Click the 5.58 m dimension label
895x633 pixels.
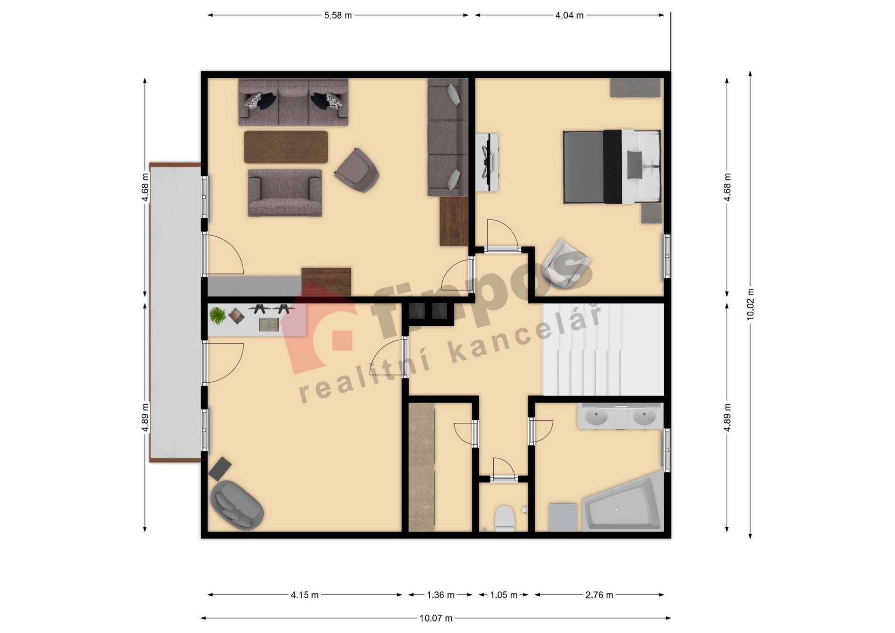pos(338,15)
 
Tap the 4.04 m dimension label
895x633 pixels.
pos(569,15)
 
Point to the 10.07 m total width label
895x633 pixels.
pos(436,618)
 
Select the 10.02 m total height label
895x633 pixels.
pos(750,304)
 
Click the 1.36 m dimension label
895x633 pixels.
pos(441,595)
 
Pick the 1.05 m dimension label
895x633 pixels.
pos(503,595)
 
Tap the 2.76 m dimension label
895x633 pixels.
pos(599,595)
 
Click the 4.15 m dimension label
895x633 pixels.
pos(304,595)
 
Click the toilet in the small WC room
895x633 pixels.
pos(504,518)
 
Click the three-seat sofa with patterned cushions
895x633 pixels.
pos(293,102)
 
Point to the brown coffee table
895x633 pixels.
pos(286,147)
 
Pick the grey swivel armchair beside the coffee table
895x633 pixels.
pos(357,170)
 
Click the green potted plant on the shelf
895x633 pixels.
pos(218,316)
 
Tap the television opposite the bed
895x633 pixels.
pos(488,162)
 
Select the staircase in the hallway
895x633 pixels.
pos(603,350)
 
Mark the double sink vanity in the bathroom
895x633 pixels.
pos(620,416)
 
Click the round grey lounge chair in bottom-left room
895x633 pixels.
pos(237,505)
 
